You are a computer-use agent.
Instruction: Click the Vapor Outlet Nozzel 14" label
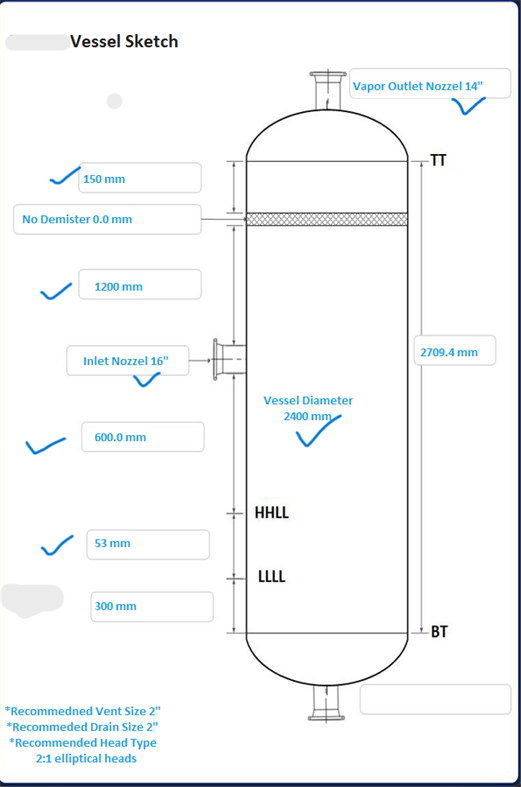pos(418,86)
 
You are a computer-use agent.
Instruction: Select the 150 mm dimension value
pos(104,179)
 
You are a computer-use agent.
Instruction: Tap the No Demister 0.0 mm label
pos(77,219)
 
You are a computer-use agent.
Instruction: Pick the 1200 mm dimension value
pos(118,287)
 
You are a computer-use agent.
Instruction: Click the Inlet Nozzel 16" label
pos(126,361)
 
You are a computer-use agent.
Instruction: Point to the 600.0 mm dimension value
pos(120,437)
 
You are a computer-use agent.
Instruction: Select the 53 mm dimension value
pos(112,543)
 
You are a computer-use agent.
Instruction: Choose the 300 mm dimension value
pos(115,606)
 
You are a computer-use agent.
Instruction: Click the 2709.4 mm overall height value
pos(449,352)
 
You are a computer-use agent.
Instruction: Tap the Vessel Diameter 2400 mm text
pos(308,408)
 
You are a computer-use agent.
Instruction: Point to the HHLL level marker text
pos(272,512)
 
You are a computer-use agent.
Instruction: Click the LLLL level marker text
pos(272,576)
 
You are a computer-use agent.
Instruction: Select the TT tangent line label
pos(438,160)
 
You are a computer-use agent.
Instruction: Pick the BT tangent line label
pos(439,631)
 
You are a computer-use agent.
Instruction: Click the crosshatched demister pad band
pos(327,219)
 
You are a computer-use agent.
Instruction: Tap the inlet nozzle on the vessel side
pos(229,359)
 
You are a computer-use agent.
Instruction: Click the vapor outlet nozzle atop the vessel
pos(327,90)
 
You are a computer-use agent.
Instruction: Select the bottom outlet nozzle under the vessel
pos(326,703)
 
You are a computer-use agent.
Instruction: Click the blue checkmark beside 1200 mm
pos(56,291)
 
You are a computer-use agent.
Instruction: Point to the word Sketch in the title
pos(151,41)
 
